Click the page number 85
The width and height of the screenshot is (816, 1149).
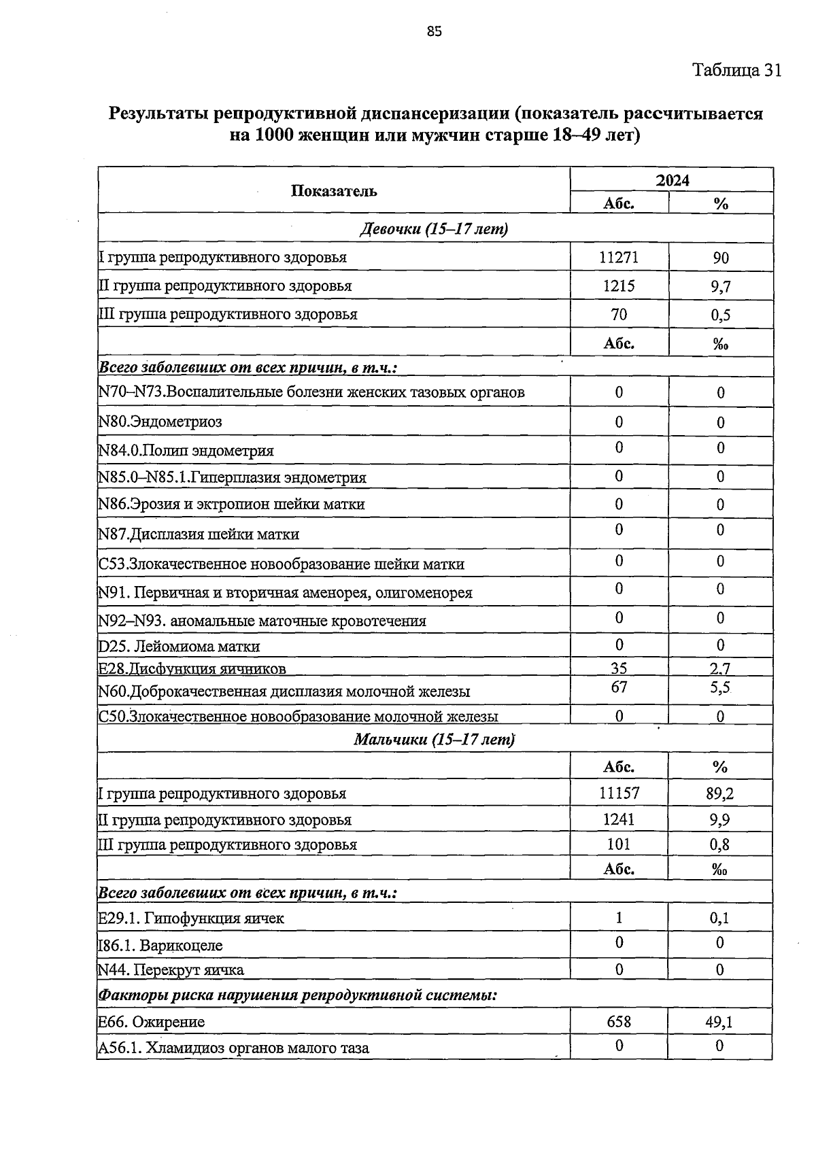point(435,31)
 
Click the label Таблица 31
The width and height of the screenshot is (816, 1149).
point(736,70)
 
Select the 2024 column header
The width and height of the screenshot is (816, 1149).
point(672,180)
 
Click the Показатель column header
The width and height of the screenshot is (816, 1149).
point(334,191)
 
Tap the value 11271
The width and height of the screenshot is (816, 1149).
point(619,258)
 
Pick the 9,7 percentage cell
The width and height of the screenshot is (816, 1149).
point(721,287)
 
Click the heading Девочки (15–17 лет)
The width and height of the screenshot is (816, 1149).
point(434,229)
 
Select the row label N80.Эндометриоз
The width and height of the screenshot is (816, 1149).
point(160,422)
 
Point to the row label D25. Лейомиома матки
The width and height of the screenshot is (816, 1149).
point(179,646)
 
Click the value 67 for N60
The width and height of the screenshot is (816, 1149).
point(619,687)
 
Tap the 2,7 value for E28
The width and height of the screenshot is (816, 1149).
point(720,668)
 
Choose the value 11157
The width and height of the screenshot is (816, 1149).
point(619,793)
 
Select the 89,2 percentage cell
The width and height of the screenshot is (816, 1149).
point(720,793)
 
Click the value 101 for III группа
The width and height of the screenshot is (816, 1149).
point(619,844)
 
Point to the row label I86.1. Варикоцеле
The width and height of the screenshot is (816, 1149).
point(160,945)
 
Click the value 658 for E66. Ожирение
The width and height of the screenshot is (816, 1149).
point(619,1021)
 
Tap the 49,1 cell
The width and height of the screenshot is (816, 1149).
point(719,1021)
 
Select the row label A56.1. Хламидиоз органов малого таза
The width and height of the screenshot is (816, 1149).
point(234,1048)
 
